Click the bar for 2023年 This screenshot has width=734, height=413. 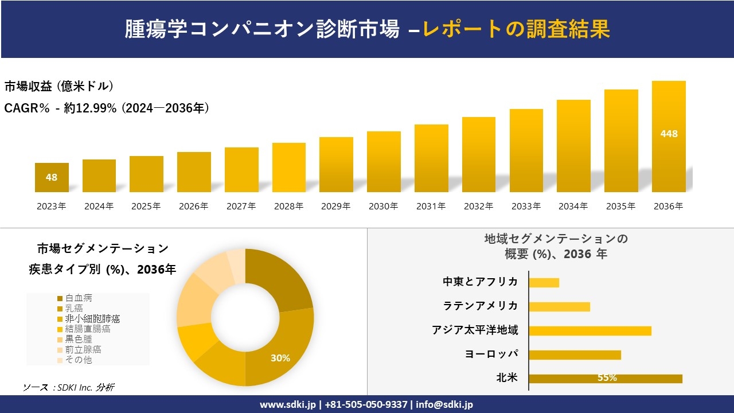point(52,177)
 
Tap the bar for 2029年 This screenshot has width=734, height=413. point(336,165)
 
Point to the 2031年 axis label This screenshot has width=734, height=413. point(431,206)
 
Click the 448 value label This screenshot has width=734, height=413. point(669,134)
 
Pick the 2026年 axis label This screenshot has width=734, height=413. point(193,206)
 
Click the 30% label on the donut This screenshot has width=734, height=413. point(280,358)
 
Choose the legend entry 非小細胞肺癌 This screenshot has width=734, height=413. point(92,319)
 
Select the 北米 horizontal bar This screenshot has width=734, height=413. point(606,379)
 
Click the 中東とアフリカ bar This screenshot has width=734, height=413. point(544,282)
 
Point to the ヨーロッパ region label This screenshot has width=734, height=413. point(491,354)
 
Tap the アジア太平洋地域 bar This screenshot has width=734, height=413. point(590,330)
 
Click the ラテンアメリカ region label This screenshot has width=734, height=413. point(481,306)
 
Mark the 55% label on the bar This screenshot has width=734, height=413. point(607,378)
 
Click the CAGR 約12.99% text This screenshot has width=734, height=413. point(107,108)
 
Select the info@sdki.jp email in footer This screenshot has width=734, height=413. point(444,404)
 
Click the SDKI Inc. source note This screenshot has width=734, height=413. point(69,388)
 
